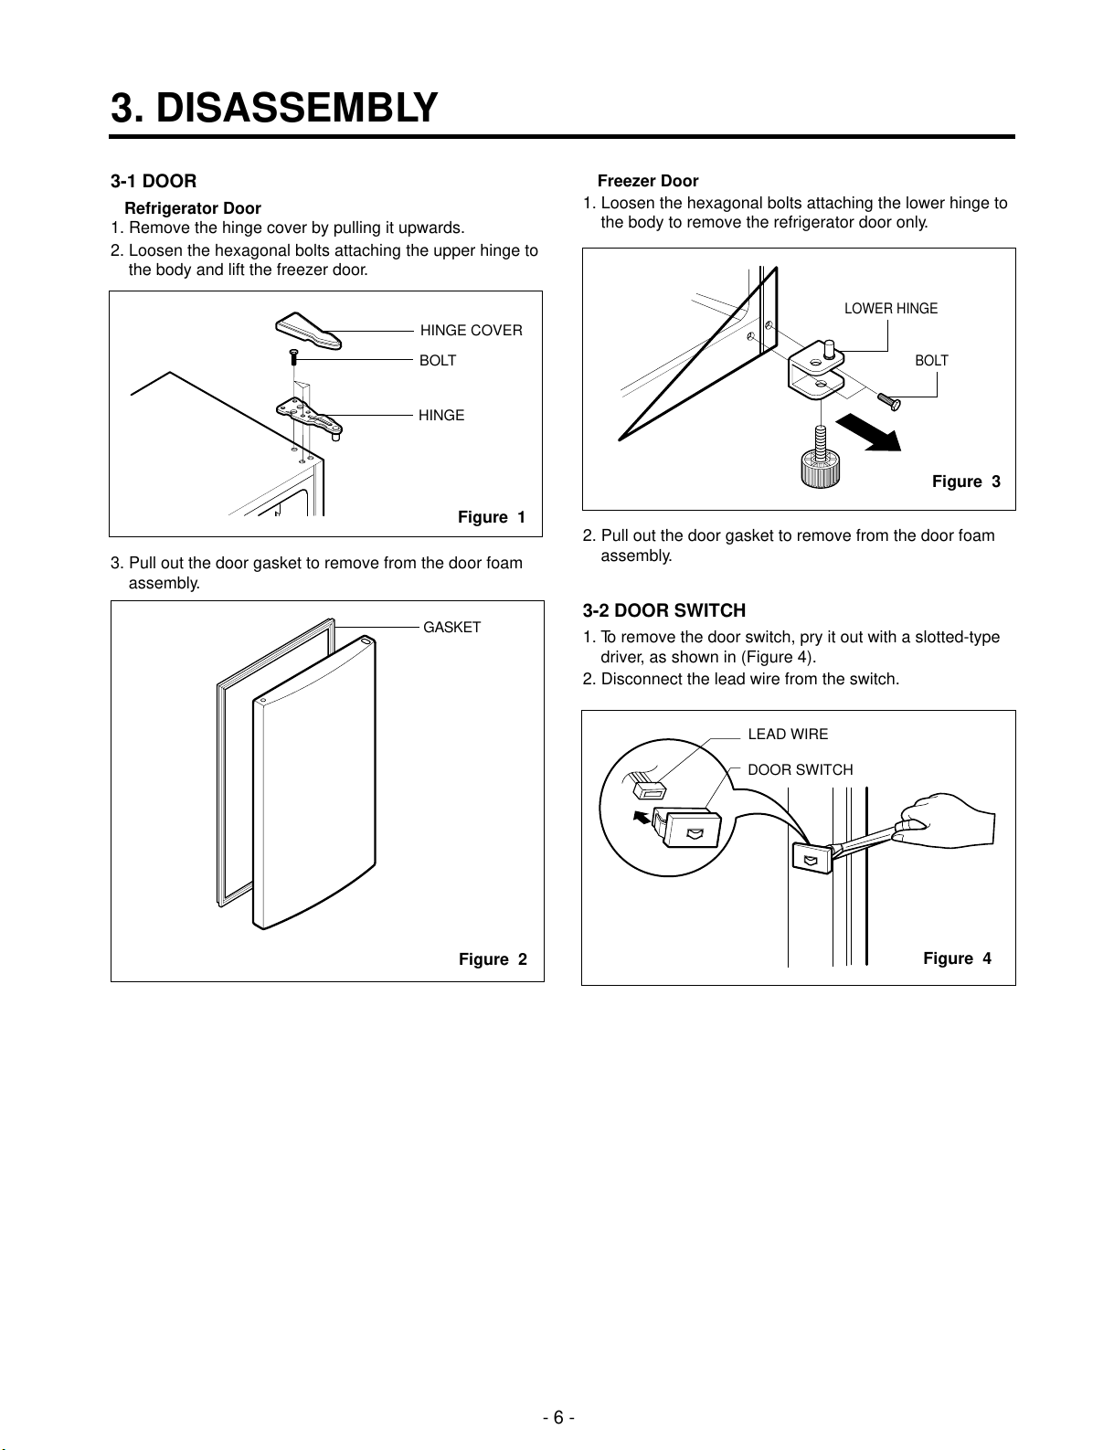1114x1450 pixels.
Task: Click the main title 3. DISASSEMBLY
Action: [x=273, y=108]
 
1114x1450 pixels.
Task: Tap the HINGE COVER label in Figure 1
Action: [x=472, y=331]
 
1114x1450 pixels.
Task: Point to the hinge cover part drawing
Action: [x=308, y=331]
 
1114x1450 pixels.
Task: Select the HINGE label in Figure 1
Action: [x=441, y=415]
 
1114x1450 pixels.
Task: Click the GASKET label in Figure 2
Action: [x=451, y=628]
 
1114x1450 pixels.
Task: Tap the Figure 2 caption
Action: [x=493, y=958]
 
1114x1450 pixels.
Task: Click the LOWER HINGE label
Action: [x=890, y=308]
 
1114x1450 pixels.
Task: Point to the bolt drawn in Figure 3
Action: [x=889, y=402]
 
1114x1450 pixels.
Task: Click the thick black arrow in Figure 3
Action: [x=869, y=433]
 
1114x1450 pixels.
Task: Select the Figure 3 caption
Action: [x=966, y=482]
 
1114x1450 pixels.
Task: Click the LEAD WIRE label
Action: [x=788, y=734]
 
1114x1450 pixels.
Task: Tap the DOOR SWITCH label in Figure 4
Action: [x=801, y=769]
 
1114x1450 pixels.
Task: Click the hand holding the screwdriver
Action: [x=948, y=820]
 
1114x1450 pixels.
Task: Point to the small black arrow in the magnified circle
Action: [x=642, y=817]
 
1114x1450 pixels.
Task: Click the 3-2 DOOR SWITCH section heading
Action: [x=664, y=610]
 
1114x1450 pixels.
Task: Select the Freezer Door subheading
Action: [x=647, y=181]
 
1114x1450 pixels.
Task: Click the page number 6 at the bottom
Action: [x=558, y=1417]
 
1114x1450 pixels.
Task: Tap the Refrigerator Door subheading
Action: [x=192, y=208]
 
